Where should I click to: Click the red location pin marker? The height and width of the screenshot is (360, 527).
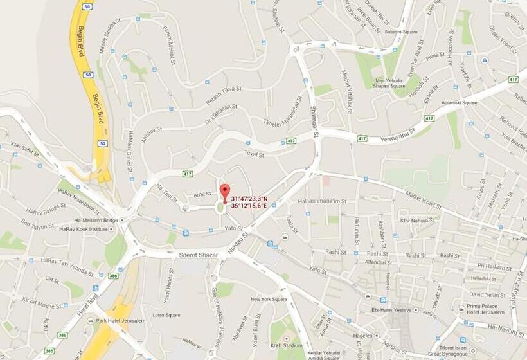(225, 192)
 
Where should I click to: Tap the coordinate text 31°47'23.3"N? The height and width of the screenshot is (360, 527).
(250, 199)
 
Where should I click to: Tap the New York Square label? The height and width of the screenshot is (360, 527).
(269, 299)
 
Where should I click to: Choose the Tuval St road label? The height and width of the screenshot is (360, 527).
(255, 153)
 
